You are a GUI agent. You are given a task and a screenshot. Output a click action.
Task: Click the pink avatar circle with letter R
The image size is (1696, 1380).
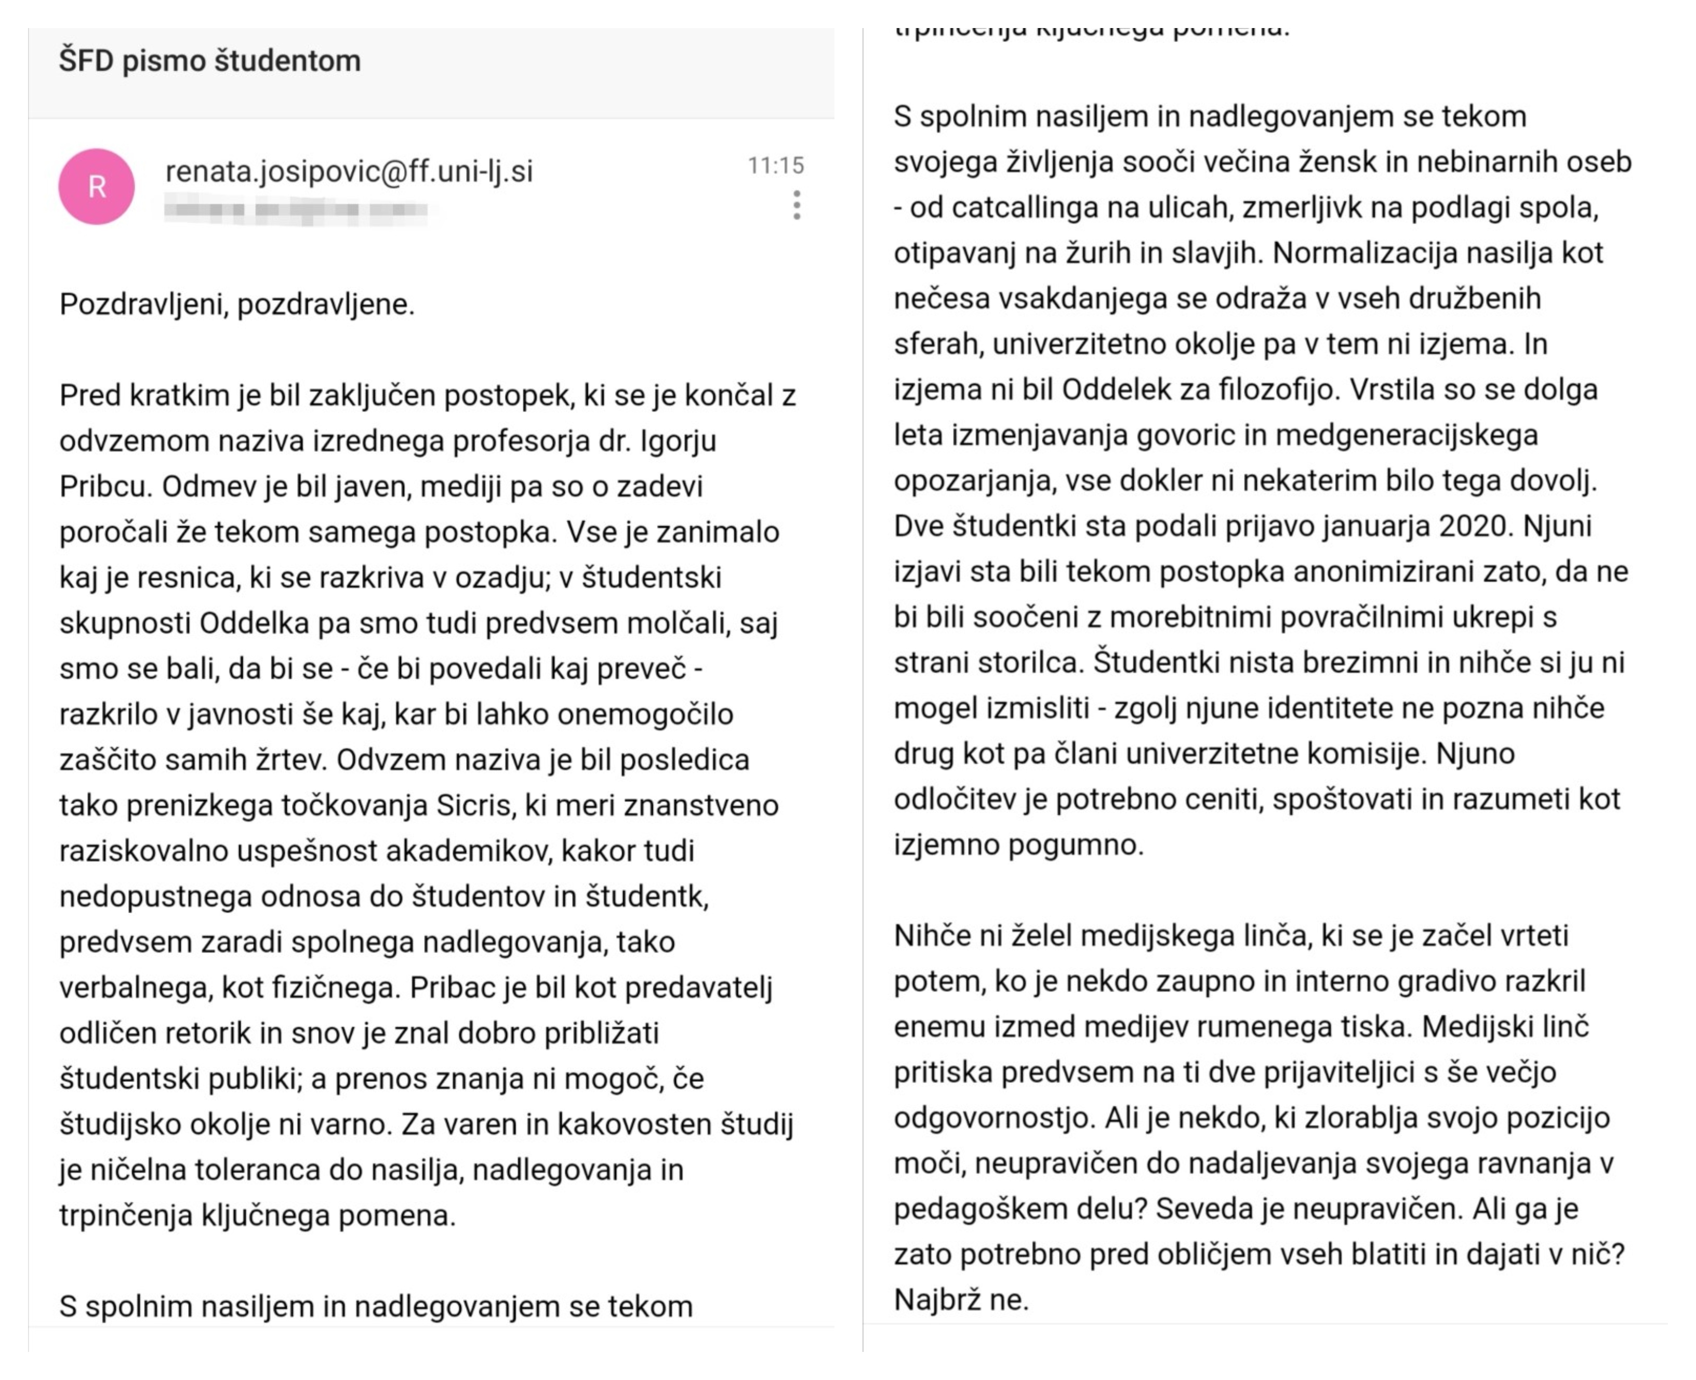[96, 187]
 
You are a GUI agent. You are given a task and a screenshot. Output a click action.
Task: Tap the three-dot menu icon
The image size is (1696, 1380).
[796, 205]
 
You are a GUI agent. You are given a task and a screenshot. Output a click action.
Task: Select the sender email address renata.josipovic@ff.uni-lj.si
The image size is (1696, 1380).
[348, 171]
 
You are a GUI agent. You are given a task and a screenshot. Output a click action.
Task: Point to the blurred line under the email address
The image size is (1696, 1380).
[296, 211]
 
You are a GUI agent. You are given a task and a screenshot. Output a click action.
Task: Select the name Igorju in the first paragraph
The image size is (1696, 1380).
[678, 440]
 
